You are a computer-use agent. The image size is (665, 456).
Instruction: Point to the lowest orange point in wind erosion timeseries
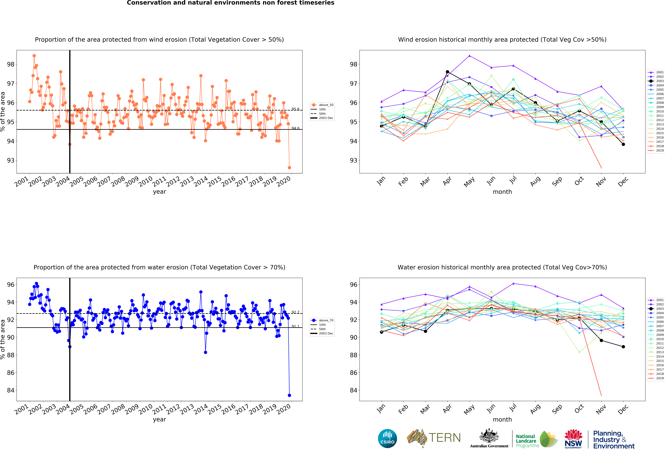[x=289, y=168]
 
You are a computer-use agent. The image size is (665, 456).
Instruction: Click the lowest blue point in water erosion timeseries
[x=289, y=395]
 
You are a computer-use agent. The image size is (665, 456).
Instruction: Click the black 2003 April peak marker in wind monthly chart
[x=447, y=72]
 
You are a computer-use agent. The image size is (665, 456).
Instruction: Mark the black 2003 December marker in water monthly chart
[x=623, y=347]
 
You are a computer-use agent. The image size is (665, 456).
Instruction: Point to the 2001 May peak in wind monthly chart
[x=469, y=56]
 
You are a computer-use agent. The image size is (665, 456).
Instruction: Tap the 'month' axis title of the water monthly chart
[x=502, y=419]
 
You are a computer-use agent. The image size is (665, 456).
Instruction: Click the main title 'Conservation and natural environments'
[x=230, y=3]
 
